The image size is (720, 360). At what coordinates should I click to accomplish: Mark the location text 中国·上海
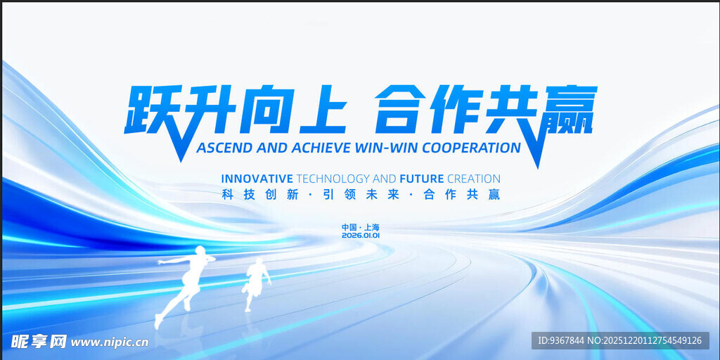click(x=360, y=227)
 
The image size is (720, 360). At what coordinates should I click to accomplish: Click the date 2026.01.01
click(x=360, y=236)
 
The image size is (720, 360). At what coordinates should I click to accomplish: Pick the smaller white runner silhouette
click(x=257, y=281)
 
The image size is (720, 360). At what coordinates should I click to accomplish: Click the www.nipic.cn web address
click(x=110, y=342)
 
